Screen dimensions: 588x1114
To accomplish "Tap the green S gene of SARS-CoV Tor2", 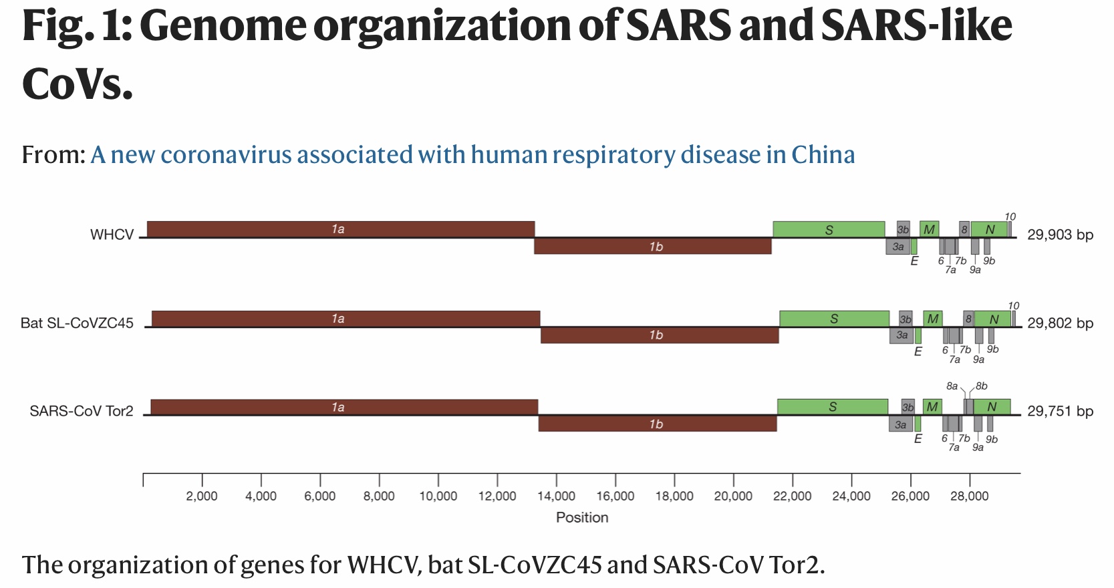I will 832,406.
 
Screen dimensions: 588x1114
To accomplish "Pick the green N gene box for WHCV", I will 990,229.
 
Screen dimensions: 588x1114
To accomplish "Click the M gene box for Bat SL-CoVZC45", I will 933,319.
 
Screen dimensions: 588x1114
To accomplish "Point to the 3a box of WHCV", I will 898,247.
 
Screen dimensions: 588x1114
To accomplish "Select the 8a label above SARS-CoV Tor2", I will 952,386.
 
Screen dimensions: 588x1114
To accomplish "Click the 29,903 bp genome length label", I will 1060,235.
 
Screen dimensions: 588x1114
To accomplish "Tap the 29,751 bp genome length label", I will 1060,411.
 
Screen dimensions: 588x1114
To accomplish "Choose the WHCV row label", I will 112,235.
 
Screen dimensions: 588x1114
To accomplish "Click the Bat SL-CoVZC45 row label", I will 77,323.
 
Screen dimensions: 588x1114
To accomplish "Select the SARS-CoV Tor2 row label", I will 82,411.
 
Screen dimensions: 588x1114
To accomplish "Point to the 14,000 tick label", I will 556,496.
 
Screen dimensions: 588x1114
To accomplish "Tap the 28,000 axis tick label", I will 969,496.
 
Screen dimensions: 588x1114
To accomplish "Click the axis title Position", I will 582,517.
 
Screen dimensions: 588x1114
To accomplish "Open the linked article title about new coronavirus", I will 472,154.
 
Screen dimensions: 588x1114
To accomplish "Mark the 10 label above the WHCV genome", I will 1010,216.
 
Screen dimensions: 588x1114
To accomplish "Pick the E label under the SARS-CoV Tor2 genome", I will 918,439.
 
